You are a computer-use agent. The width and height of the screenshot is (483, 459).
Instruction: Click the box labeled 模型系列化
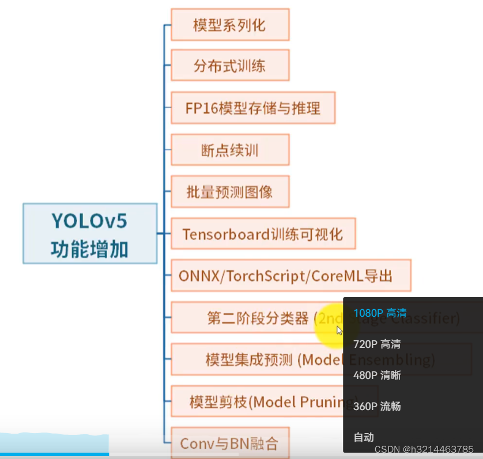229,25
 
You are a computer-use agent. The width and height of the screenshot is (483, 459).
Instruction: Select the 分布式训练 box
229,65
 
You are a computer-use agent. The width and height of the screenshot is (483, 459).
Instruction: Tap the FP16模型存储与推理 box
252,108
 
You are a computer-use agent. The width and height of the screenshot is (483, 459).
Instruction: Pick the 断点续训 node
229,150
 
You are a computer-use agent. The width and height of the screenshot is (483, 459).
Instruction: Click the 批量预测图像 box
229,192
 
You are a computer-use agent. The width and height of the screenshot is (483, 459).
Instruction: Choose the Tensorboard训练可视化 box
262,234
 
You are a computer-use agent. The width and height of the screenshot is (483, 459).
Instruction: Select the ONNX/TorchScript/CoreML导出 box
290,276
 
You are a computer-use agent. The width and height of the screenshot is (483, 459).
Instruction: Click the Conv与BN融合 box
229,443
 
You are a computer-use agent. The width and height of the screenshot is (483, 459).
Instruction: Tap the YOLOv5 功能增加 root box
89,234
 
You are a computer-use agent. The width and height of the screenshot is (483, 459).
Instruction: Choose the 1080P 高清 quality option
380,313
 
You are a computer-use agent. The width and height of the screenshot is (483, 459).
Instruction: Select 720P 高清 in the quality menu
377,344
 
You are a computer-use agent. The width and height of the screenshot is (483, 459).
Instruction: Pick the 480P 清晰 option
377,375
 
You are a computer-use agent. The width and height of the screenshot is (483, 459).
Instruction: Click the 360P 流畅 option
377,407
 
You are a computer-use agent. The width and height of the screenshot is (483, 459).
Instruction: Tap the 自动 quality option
364,437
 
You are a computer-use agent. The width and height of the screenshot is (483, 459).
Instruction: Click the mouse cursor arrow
339,331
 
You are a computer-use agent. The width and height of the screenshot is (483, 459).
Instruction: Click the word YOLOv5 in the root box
89,222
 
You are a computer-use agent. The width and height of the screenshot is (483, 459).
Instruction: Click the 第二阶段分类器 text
258,318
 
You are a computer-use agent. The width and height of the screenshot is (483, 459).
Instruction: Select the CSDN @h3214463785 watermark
424,449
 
